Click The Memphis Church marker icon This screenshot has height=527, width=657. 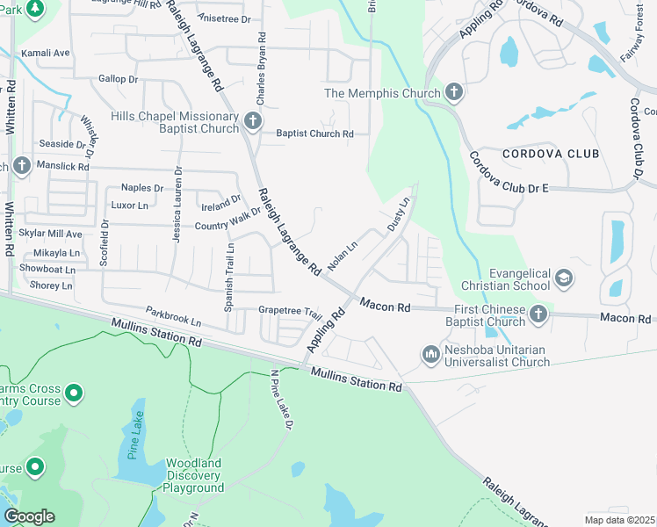point(453,92)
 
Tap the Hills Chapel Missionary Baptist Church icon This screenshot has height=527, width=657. point(253,121)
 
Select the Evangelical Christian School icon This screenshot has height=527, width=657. point(563,279)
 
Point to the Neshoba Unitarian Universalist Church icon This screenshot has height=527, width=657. point(430,354)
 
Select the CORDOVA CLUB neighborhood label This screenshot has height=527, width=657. point(551,154)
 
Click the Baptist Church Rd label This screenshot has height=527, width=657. point(314,134)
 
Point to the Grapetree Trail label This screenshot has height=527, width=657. point(291,311)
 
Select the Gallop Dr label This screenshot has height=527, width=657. point(119,79)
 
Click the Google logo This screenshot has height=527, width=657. point(29,516)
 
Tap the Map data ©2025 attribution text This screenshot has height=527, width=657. point(619,520)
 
